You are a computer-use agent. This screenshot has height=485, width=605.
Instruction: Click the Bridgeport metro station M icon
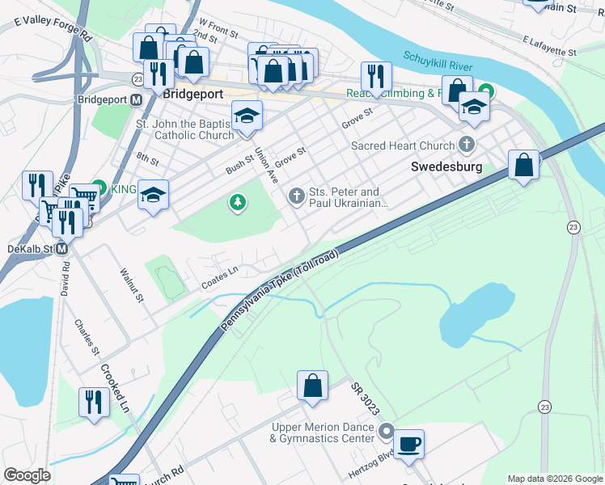pyautogui.click(x=137, y=99)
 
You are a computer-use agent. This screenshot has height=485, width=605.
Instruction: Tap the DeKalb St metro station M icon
pyautogui.click(x=61, y=250)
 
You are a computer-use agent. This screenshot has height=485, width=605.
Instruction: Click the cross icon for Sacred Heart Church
pyautogui.click(x=466, y=145)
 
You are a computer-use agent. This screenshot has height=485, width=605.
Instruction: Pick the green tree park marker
pyautogui.click(x=238, y=201)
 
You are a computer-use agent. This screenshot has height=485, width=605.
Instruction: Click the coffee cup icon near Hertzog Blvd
pyautogui.click(x=408, y=443)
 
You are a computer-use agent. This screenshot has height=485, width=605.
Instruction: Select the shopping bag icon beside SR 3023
pyautogui.click(x=312, y=386)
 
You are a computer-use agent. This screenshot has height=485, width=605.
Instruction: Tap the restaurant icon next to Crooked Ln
pyautogui.click(x=94, y=402)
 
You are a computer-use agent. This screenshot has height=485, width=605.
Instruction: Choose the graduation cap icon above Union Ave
pyautogui.click(x=247, y=116)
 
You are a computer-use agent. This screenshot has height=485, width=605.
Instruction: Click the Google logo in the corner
pyautogui.click(x=27, y=475)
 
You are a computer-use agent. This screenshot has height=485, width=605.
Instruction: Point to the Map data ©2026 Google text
pyautogui.click(x=554, y=479)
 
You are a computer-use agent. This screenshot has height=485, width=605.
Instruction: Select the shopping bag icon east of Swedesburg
pyautogui.click(x=524, y=165)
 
